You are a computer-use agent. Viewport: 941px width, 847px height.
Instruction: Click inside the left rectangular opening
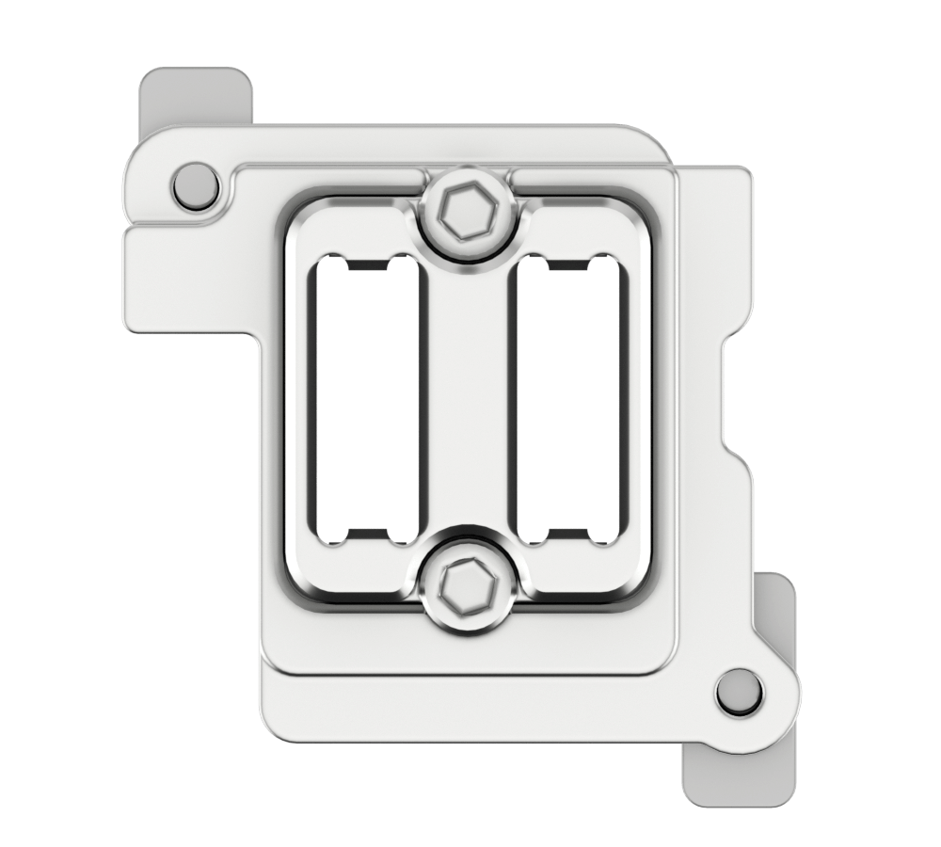pyautogui.click(x=365, y=399)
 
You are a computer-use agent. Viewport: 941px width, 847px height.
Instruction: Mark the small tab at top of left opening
pyautogui.click(x=365, y=263)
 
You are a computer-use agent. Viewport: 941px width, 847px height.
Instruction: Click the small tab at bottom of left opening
pyautogui.click(x=365, y=536)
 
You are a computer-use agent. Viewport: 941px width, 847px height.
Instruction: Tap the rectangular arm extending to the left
pyautogui.click(x=188, y=282)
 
